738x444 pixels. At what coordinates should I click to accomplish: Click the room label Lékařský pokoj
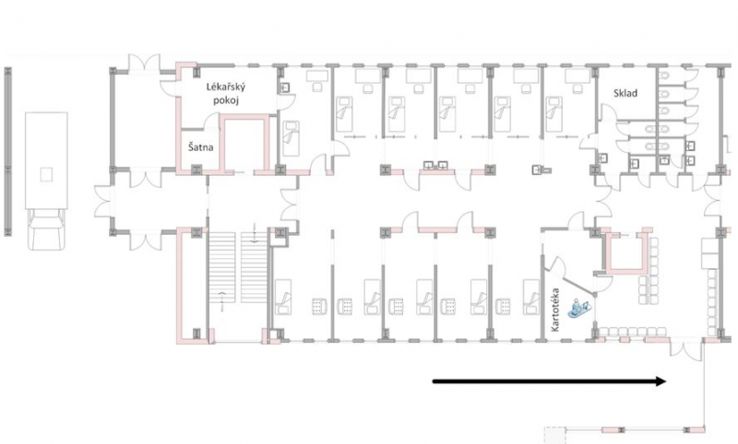(226, 93)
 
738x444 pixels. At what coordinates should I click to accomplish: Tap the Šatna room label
(201, 147)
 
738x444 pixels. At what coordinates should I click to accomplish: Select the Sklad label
(625, 93)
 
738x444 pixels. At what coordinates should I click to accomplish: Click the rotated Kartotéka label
(555, 310)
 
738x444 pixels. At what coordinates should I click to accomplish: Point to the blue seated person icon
(578, 309)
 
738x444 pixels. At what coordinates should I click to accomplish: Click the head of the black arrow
(661, 381)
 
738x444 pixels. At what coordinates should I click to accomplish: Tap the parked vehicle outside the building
(46, 181)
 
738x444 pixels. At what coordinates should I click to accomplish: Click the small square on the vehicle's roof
(46, 175)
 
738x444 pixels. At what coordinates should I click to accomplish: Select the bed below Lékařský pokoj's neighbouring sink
(291, 138)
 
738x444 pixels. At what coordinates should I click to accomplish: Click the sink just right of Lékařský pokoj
(285, 88)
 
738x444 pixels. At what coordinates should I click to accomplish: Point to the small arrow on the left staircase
(221, 301)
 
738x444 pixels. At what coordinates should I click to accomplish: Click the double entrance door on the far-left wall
(103, 201)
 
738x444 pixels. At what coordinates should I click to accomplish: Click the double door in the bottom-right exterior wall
(686, 349)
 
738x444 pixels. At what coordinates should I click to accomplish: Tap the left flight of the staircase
(221, 267)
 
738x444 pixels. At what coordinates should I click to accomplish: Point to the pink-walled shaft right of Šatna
(244, 144)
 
